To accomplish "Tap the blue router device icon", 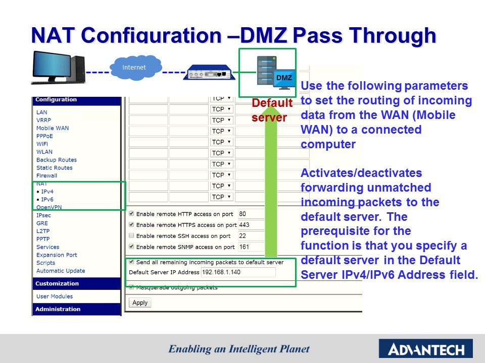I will coord(209,73).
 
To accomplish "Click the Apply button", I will coord(140,302).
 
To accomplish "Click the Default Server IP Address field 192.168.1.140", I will coord(238,272).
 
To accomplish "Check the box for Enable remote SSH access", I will coord(132,236).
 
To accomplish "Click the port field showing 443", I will coord(251,225).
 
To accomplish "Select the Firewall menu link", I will coord(46,175).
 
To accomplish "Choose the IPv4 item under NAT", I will coord(47,192).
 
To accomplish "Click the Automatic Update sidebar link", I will coord(61,271).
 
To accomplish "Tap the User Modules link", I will coord(55,296).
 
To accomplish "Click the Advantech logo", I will coord(425,348).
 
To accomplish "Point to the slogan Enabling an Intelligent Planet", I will coord(239,349).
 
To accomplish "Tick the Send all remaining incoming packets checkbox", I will coord(132,262).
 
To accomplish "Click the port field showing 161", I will coord(251,247).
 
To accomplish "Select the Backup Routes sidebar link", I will coord(57,160).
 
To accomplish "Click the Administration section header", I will coord(58,309).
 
